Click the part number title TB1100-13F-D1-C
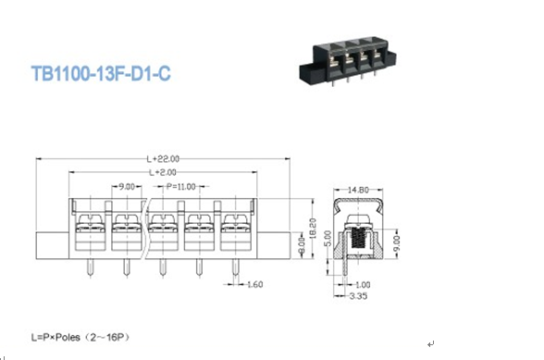(101, 73)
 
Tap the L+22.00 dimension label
(163, 159)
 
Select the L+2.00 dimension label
(163, 172)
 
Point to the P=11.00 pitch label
(180, 187)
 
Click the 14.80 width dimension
(358, 190)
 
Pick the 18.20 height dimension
(313, 228)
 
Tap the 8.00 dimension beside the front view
(302, 245)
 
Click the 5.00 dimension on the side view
(328, 239)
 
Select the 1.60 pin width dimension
(255, 285)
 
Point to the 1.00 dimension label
(363, 285)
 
